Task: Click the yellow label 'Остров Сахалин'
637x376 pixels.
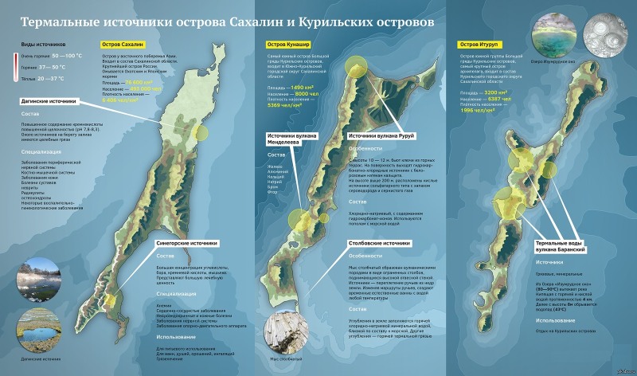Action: (x=122, y=44)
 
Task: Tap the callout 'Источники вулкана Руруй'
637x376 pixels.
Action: (x=382, y=136)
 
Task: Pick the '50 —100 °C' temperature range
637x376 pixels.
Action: (x=66, y=55)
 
